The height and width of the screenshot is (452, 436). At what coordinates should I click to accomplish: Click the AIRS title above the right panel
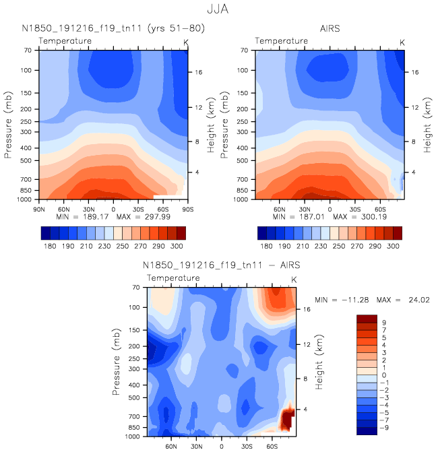coord(330,28)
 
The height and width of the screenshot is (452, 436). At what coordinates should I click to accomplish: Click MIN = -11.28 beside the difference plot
coord(344,300)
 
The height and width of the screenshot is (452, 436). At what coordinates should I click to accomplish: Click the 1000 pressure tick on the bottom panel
coord(137,437)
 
